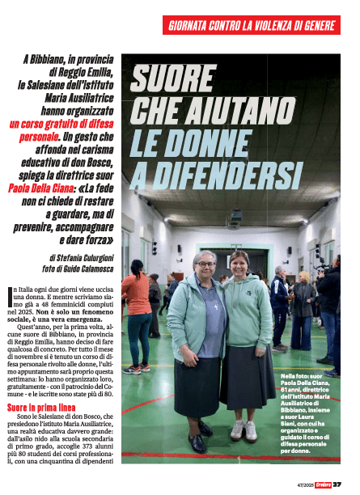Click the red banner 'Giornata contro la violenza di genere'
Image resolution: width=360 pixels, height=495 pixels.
point(252,25)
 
